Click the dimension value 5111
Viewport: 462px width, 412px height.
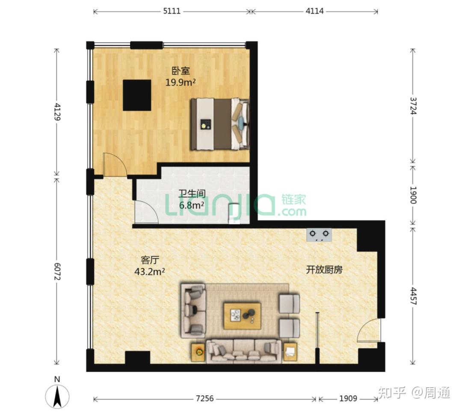[172, 11]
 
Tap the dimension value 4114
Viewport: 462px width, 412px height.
[314, 11]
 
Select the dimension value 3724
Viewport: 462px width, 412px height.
[413, 106]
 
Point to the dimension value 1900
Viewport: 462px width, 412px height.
[413, 195]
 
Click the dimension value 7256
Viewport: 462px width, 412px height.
[205, 398]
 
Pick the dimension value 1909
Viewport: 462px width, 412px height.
[348, 398]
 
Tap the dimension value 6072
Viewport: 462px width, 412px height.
[57, 271]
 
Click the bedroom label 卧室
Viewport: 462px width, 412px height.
[181, 71]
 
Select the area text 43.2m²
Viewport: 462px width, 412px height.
[149, 272]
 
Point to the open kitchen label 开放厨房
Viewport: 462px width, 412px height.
[324, 270]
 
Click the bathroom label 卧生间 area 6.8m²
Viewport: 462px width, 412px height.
[192, 199]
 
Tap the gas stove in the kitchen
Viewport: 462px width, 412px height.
[319, 235]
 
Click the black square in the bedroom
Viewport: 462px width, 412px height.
[137, 95]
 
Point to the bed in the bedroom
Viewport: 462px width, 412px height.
[220, 124]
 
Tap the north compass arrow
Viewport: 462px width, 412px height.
[57, 396]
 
